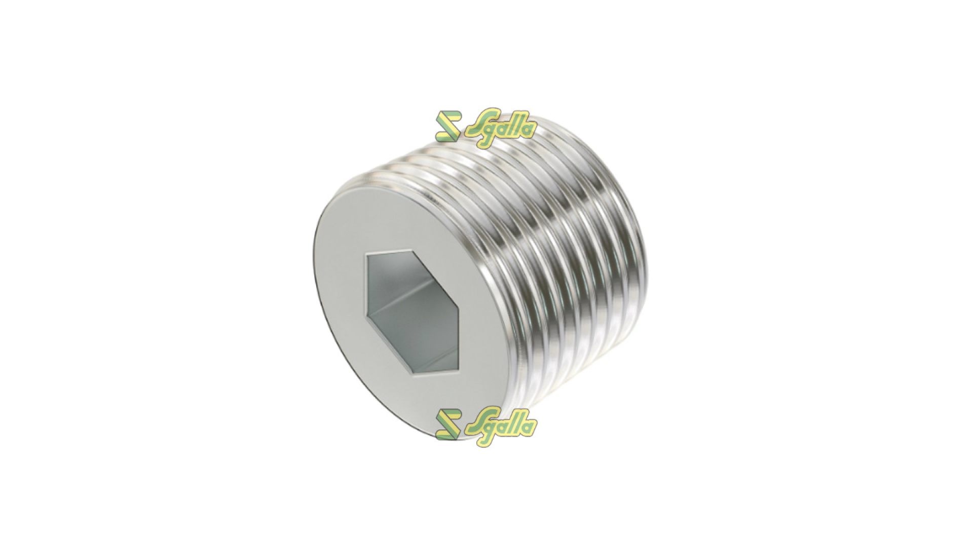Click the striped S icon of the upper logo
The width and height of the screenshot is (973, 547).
[448, 127]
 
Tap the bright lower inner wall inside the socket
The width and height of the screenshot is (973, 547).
[405, 349]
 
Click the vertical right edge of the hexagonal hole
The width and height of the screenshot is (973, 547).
[460, 324]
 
